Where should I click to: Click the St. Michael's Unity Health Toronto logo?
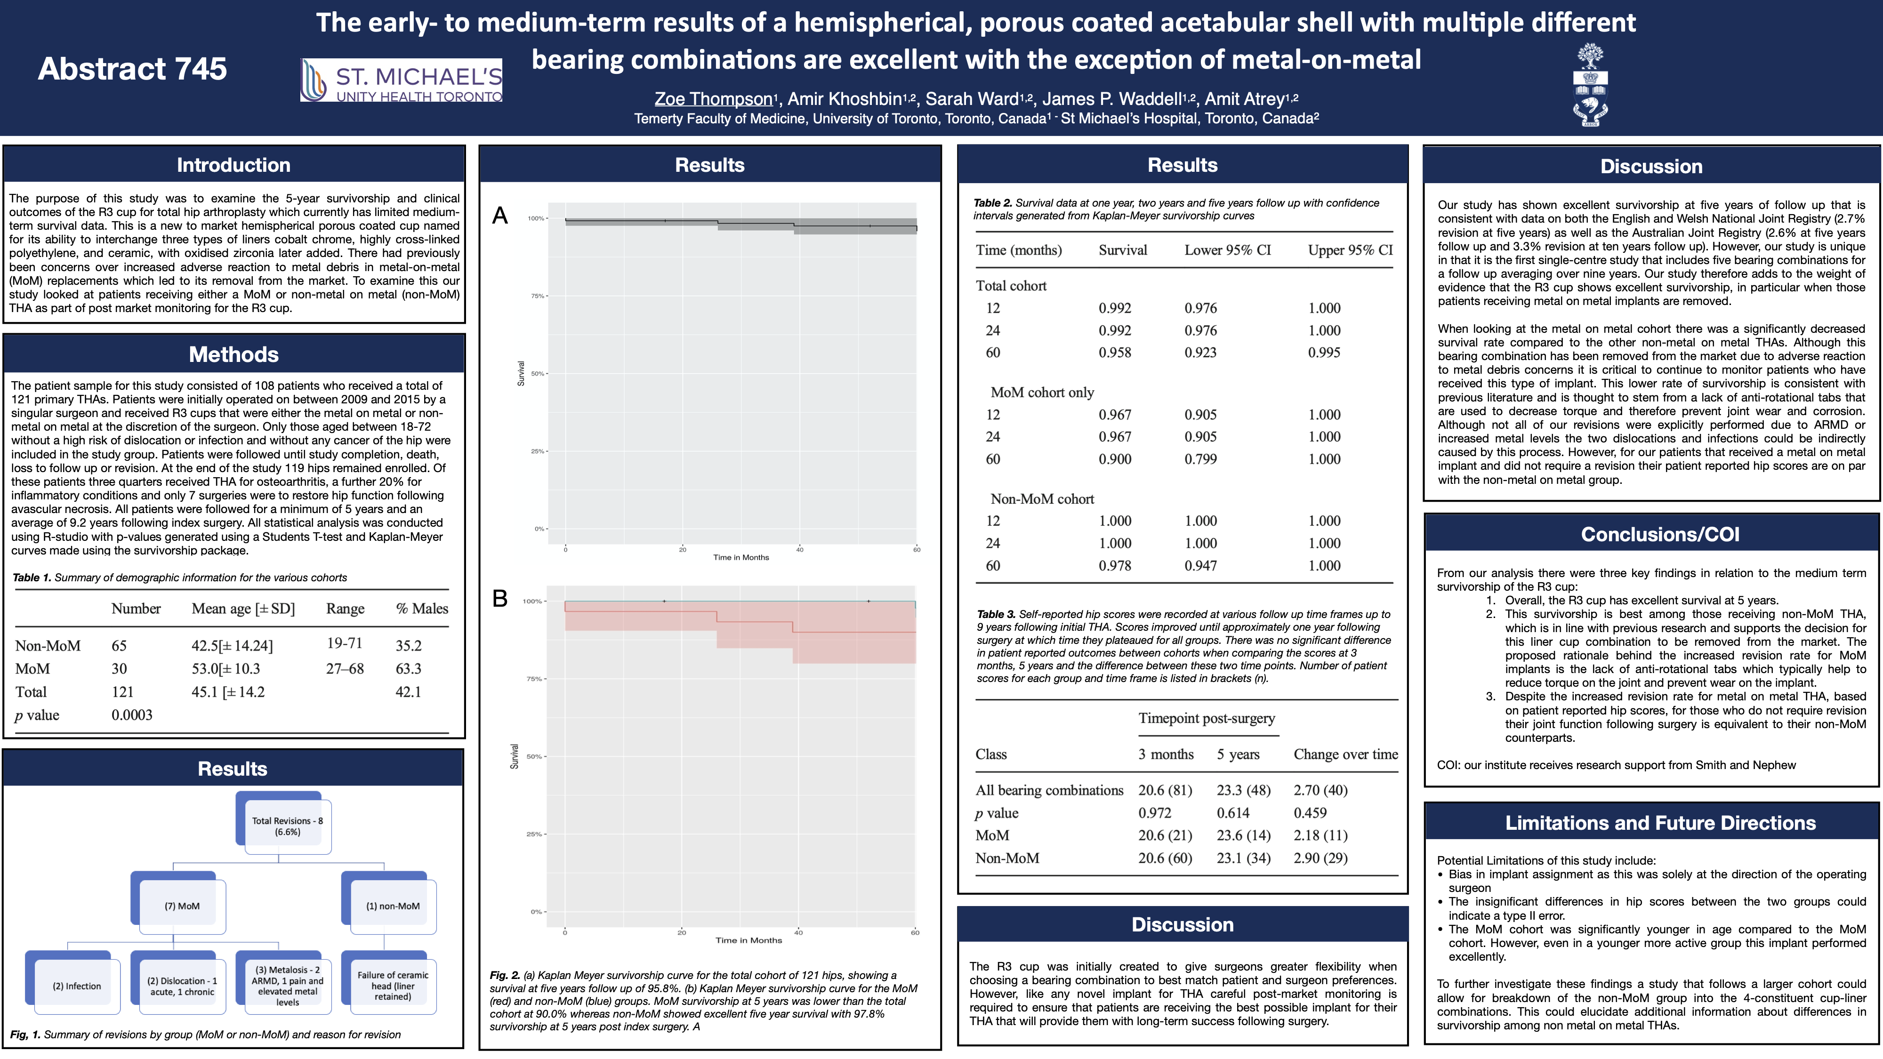[401, 80]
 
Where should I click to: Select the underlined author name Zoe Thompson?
[714, 99]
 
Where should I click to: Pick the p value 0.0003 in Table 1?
[132, 715]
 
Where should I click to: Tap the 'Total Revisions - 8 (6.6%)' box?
[287, 826]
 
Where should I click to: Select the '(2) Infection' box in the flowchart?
[77, 986]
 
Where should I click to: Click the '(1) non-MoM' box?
[393, 906]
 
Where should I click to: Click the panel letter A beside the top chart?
[500, 216]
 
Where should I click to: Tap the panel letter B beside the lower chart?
[500, 599]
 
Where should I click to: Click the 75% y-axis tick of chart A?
[537, 296]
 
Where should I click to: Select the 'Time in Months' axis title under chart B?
[748, 940]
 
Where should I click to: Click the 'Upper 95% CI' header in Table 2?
[1350, 250]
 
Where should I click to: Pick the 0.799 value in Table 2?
[1200, 459]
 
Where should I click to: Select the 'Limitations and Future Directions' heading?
[1660, 823]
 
